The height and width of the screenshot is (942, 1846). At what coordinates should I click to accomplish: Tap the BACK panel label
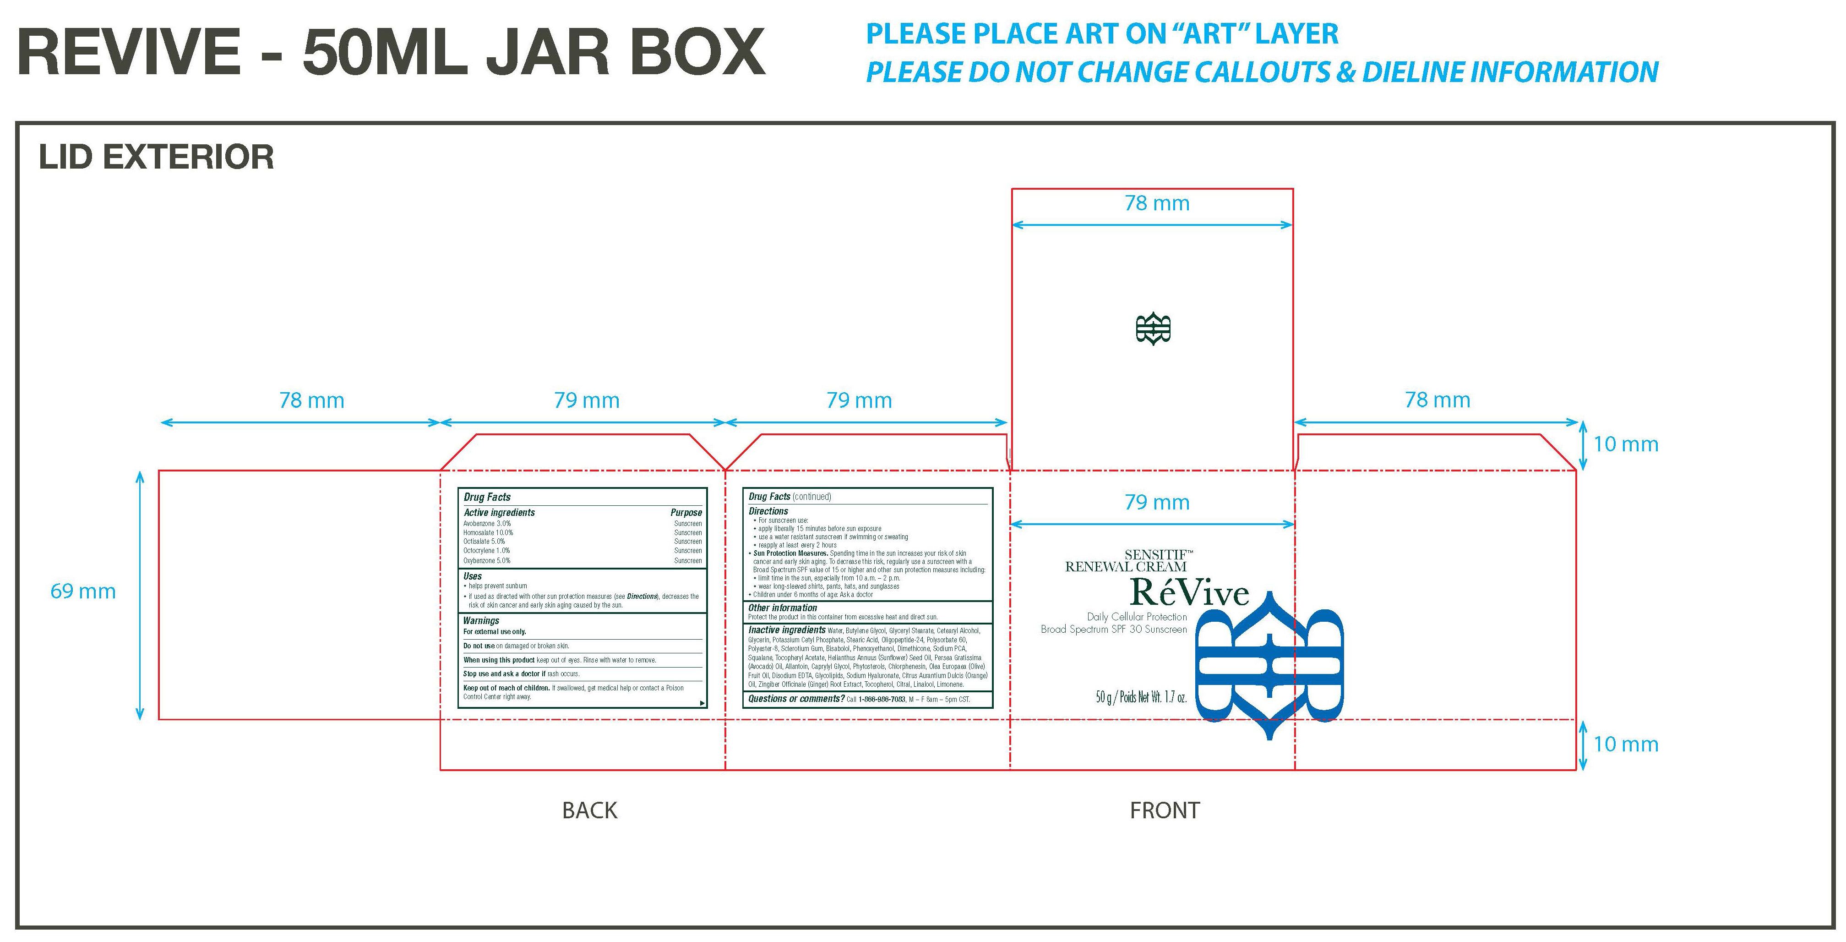pyautogui.click(x=589, y=810)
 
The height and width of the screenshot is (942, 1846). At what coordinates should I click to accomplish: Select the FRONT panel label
pyautogui.click(x=1164, y=810)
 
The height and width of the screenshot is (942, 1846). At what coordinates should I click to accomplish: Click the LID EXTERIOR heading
pyautogui.click(x=156, y=158)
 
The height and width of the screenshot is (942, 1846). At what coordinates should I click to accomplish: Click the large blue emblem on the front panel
pyautogui.click(x=1269, y=665)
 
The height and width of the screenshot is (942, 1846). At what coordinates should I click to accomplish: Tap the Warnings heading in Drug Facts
pyautogui.click(x=481, y=621)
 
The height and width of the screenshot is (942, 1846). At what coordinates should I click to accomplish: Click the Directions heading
pyautogui.click(x=768, y=511)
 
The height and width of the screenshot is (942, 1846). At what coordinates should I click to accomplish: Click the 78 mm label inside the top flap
pyautogui.click(x=1157, y=203)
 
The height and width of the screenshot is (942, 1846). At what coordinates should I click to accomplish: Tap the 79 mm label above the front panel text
pyautogui.click(x=1157, y=503)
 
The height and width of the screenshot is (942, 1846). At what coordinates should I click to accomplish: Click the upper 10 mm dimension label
pyautogui.click(x=1625, y=444)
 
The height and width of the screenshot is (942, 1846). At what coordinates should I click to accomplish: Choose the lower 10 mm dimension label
pyautogui.click(x=1625, y=744)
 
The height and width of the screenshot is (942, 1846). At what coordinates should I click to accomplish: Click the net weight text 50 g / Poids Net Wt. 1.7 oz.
pyautogui.click(x=1141, y=697)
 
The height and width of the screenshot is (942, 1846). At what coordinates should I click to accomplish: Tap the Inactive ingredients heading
pyautogui.click(x=786, y=630)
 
